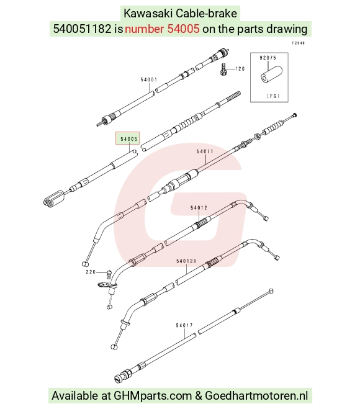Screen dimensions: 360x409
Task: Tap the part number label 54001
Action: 149,79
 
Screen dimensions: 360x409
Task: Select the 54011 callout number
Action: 205,151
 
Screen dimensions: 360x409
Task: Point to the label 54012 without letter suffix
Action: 199,208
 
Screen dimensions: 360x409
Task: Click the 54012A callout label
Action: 187,261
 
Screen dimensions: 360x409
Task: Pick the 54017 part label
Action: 184,325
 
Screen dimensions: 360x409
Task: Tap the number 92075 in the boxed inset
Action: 268,58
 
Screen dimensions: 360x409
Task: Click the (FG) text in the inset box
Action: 273,96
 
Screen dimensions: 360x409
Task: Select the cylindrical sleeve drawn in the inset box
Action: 272,75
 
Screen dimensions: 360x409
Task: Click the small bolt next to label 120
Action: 223,69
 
